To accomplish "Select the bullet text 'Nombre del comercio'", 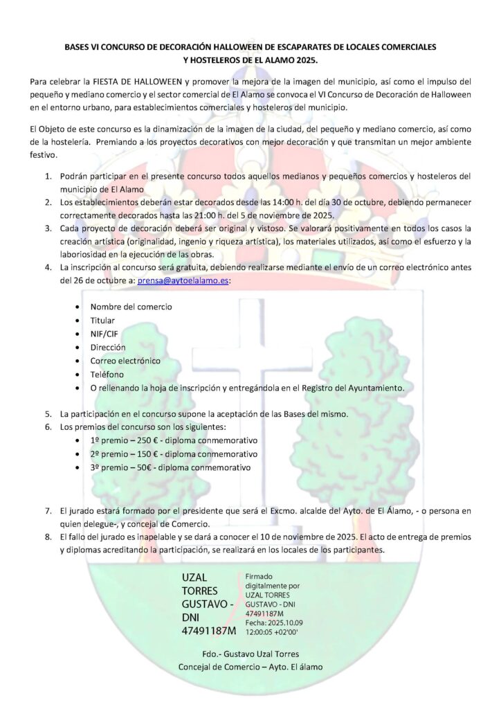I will tap(131, 307).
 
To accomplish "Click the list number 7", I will tap(48, 511).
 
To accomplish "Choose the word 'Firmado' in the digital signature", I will tap(259, 576).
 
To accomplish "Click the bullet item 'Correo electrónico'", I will tap(125, 361).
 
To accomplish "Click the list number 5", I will tap(48, 413).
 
